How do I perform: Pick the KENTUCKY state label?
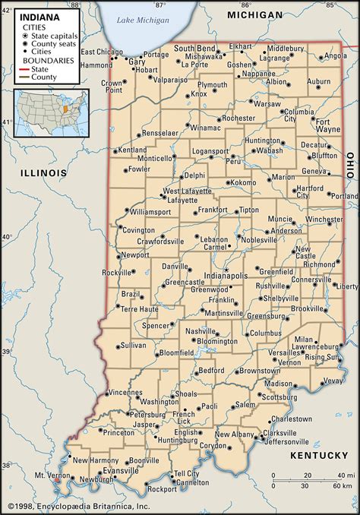point(318,455)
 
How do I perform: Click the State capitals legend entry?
point(53,35)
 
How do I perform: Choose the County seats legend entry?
point(52,43)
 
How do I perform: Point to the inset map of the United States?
point(51,112)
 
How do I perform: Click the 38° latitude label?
point(6,465)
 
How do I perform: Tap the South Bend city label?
point(194,48)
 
